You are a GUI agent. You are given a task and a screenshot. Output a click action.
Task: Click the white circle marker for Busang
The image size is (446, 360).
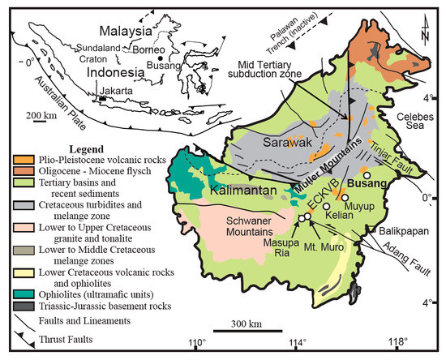367,175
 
